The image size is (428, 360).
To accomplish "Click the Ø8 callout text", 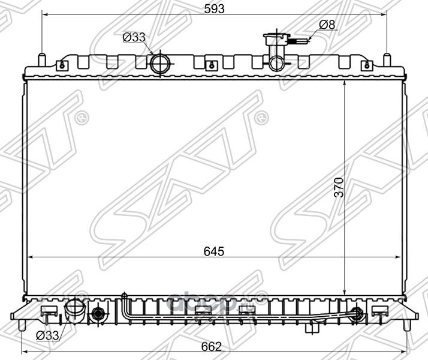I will click(327, 25).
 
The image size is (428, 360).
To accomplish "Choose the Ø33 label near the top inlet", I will click(134, 37).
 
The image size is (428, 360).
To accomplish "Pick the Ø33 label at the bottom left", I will click(48, 336).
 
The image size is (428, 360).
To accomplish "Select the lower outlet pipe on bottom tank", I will click(75, 312).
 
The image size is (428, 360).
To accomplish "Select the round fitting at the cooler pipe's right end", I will click(358, 313).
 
